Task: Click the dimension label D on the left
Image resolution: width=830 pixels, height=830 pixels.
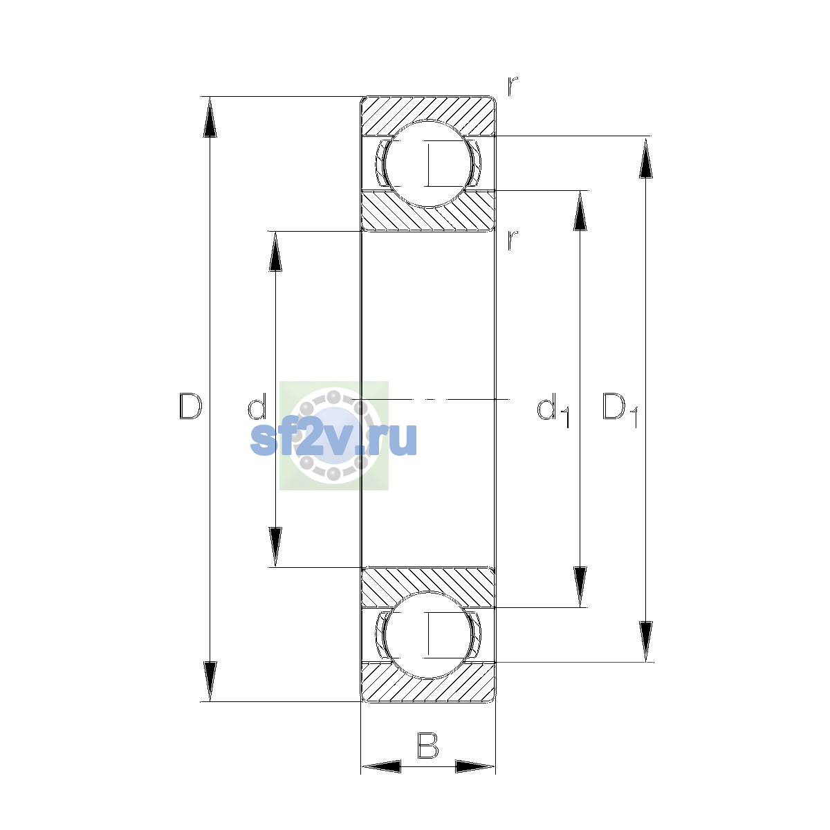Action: tap(190, 406)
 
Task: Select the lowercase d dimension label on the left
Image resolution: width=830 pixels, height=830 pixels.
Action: tap(257, 406)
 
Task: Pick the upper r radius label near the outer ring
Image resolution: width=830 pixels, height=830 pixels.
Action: tap(512, 86)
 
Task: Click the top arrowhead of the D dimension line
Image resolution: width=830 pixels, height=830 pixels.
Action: tap(210, 117)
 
